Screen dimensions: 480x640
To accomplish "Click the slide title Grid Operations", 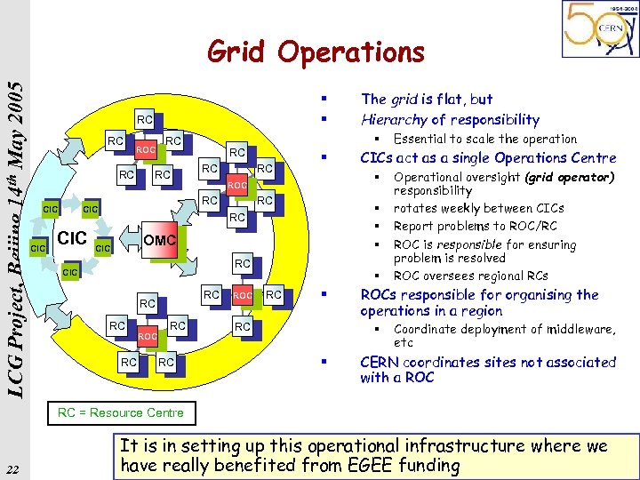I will pyautogui.click(x=316, y=52).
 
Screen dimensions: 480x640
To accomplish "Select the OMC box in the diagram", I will pyautogui.click(x=160, y=240).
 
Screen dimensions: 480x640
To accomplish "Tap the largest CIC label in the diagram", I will pyautogui.click(x=71, y=239).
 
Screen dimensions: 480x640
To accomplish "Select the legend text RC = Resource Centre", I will pyautogui.click(x=120, y=412).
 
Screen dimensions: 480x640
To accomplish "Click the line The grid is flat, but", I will pyautogui.click(x=427, y=100).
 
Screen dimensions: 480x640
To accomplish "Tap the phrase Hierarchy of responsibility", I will pyautogui.click(x=450, y=119).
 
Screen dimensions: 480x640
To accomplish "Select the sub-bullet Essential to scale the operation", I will pyautogui.click(x=485, y=139).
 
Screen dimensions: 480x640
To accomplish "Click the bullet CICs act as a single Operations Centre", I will pyautogui.click(x=487, y=158).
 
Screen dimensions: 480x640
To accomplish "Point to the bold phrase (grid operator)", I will pyautogui.click(x=569, y=177).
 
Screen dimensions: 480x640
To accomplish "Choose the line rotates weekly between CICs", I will pyautogui.click(x=478, y=208).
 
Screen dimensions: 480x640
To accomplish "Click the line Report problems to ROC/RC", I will pyautogui.click(x=476, y=226).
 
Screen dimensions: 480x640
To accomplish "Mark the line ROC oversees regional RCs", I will pyautogui.click(x=470, y=276).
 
